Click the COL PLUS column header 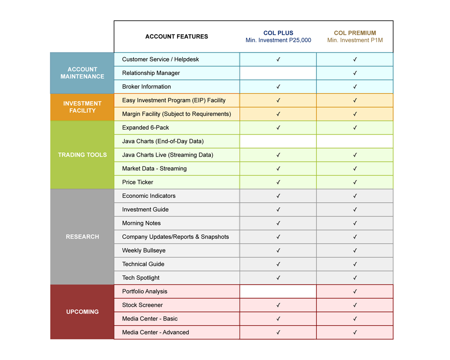click(x=278, y=33)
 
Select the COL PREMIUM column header click(x=355, y=33)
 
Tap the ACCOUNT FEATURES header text click(x=177, y=37)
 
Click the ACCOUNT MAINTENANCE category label click(x=82, y=73)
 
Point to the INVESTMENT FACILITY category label click(x=82, y=107)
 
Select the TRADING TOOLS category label click(x=82, y=155)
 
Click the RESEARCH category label click(x=82, y=237)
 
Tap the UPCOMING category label click(x=82, y=312)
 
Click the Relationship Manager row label click(x=151, y=73)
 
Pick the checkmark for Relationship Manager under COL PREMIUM click(x=355, y=73)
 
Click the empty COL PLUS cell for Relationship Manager click(x=278, y=73)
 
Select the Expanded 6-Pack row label click(x=146, y=127)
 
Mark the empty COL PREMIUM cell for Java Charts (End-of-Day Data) click(x=355, y=141)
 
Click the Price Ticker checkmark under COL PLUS click(x=278, y=182)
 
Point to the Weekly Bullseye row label click(x=144, y=250)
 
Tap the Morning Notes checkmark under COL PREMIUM click(x=355, y=223)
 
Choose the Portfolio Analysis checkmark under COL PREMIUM click(x=355, y=292)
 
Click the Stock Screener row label click(x=142, y=305)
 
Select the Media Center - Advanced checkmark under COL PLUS click(x=278, y=332)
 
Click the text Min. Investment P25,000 click(x=278, y=40)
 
